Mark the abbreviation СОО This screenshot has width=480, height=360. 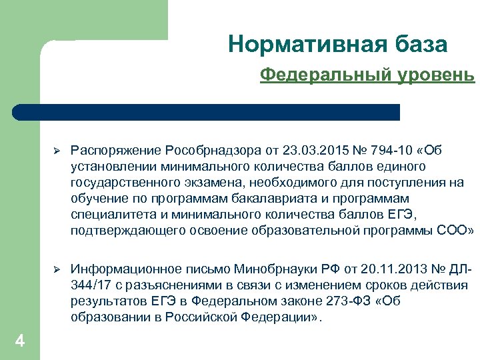tap(453, 231)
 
